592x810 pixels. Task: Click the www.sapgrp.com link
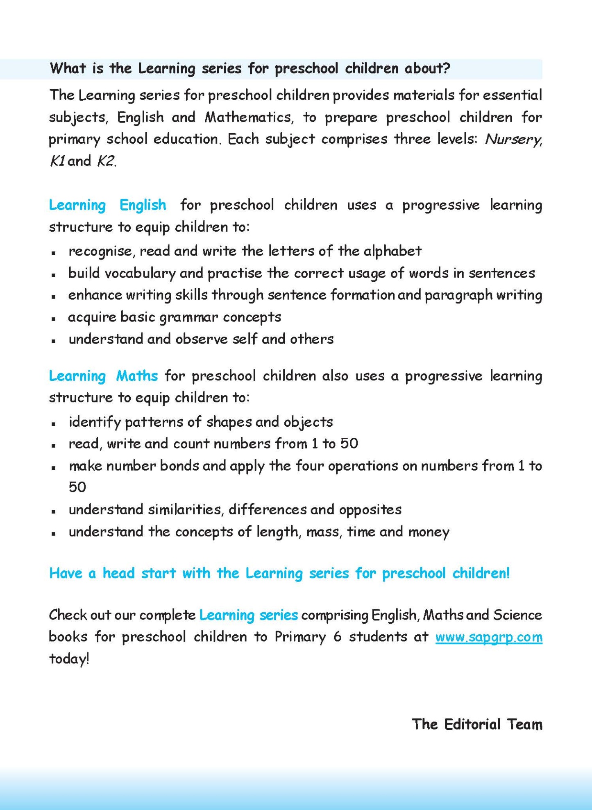(488, 637)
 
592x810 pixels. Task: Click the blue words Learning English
(107, 205)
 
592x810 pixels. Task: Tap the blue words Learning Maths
(103, 376)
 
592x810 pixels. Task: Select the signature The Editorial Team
(477, 724)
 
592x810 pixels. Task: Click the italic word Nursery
(513, 140)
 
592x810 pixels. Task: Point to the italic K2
(105, 161)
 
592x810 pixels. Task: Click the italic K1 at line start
(57, 161)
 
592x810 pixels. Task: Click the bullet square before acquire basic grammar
(54, 318)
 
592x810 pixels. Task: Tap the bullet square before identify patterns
(54, 423)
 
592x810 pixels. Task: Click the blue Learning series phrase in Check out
(248, 615)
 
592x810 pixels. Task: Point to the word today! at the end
(69, 659)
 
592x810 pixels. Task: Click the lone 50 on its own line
(77, 487)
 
